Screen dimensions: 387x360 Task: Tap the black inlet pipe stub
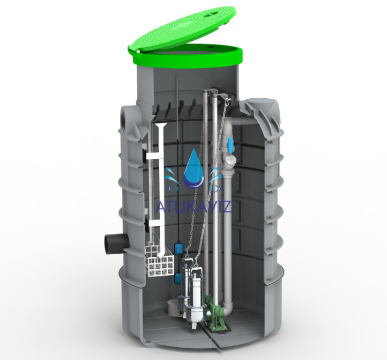click(113, 244)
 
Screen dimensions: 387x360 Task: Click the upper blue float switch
click(178, 248)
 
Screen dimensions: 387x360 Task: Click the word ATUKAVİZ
click(193, 207)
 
